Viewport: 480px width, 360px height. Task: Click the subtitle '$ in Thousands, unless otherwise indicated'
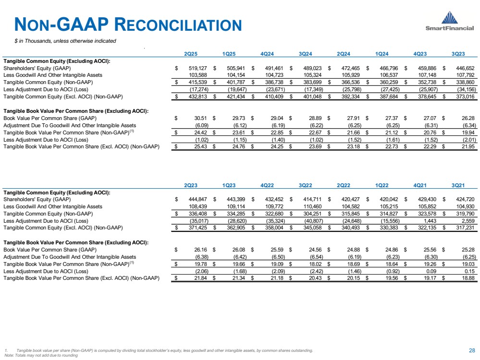pos(65,41)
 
